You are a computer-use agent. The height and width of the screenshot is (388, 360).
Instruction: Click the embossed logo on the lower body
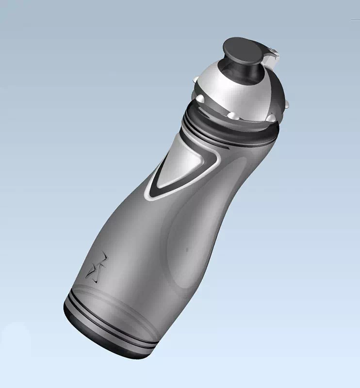tap(96, 268)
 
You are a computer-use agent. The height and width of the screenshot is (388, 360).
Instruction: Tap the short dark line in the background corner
tap(355, 19)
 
